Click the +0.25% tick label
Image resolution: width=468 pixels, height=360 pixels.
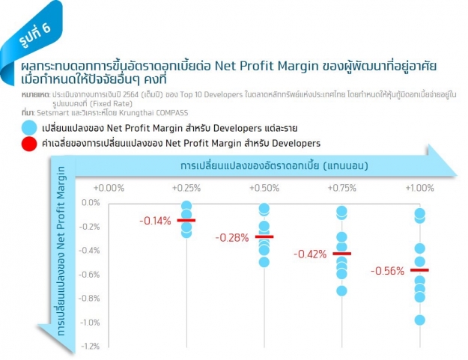[x=186, y=188]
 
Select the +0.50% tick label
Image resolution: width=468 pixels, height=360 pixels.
[x=264, y=188]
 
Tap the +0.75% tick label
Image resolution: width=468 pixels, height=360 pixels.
[x=341, y=188]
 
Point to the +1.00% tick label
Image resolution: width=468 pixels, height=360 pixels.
[x=419, y=188]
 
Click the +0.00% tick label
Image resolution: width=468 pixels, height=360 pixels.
[x=109, y=188]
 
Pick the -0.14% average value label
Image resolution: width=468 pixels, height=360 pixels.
[x=155, y=221]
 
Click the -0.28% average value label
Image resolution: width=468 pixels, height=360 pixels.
[x=232, y=238]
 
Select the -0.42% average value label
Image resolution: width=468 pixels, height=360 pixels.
[x=310, y=254]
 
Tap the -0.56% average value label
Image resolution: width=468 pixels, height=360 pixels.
[x=387, y=271]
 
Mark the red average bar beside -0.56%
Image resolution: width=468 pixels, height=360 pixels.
[x=419, y=270]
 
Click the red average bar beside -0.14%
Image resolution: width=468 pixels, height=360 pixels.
[x=186, y=220]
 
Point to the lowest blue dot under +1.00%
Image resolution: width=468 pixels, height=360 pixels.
[x=419, y=320]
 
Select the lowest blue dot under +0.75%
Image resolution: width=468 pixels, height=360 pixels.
[x=341, y=291]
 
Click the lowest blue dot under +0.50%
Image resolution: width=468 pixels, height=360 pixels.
[x=264, y=262]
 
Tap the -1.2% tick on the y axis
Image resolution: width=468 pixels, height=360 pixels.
[x=91, y=347]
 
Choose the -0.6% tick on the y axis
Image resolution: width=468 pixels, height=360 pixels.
[x=89, y=275]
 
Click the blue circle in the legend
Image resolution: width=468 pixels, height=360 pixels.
[x=29, y=128]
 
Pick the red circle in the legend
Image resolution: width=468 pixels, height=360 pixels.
[x=29, y=144]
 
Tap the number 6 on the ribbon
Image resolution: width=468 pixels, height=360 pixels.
[x=46, y=28]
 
